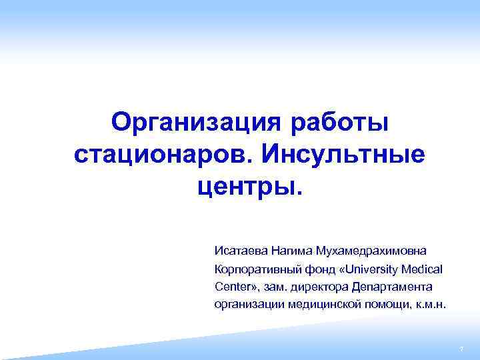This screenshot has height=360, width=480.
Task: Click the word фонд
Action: pos(312,269)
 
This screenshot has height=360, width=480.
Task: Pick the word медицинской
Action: pos(321,304)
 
